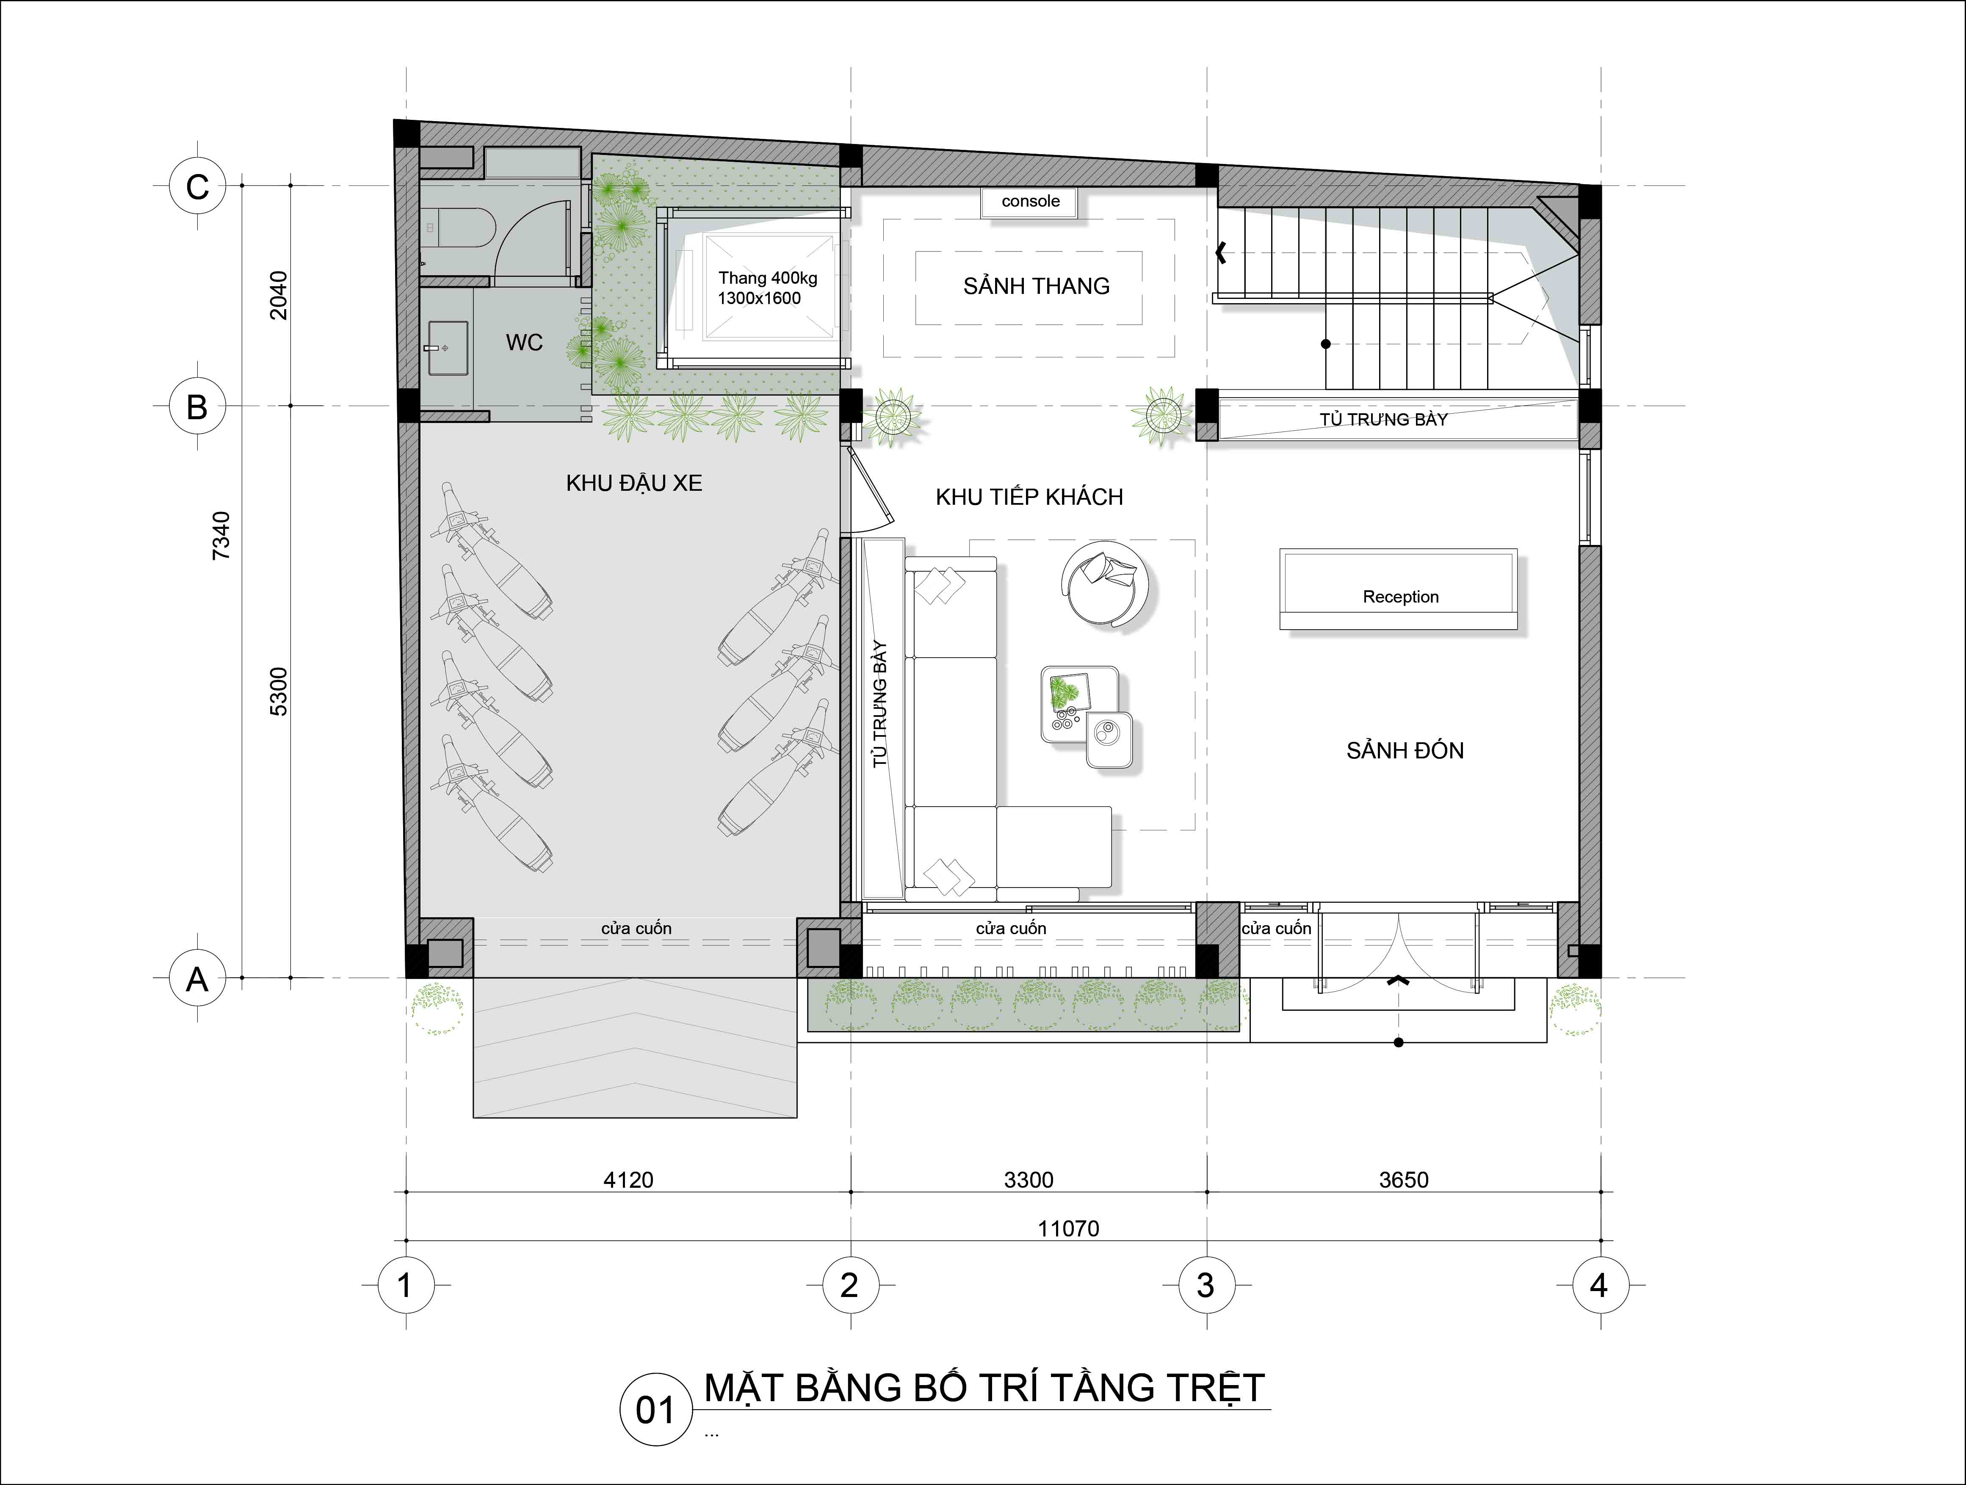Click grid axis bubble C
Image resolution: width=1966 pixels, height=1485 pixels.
(197, 187)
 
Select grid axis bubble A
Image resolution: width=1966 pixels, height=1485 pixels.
(197, 979)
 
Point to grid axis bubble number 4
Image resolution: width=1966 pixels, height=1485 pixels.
(1599, 1285)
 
